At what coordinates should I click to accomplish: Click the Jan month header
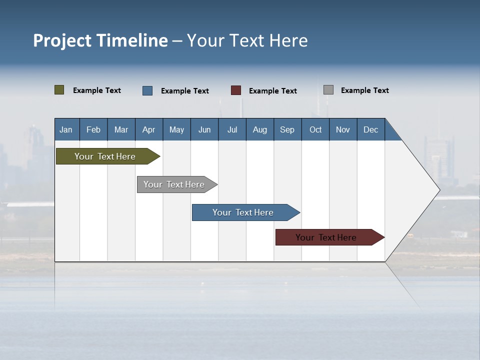(66, 129)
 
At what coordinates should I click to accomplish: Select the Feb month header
(93, 129)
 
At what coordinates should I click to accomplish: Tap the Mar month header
(121, 129)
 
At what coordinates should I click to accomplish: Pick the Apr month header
(149, 129)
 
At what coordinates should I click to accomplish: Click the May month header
(176, 129)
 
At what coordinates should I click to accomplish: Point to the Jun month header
(204, 129)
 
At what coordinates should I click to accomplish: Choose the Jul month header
(232, 129)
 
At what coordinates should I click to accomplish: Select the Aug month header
(260, 129)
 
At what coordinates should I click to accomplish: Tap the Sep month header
(287, 129)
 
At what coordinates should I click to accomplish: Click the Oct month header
(315, 129)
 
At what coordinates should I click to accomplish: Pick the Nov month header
(343, 129)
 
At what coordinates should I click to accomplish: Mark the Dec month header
(371, 129)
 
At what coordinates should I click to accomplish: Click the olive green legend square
(59, 90)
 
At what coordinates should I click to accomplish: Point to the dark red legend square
(236, 90)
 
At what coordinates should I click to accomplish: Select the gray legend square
(328, 90)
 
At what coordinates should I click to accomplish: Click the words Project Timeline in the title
(100, 40)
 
